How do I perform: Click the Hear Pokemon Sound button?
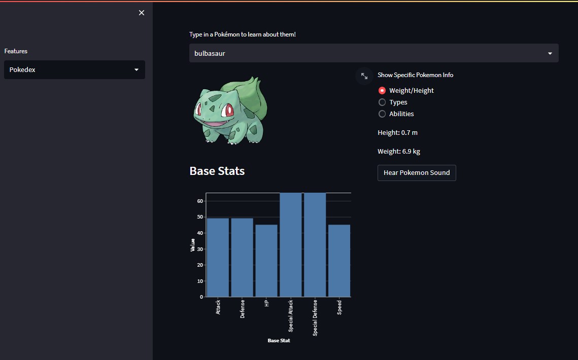point(417,173)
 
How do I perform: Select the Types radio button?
point(382,102)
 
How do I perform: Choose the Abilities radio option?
point(382,114)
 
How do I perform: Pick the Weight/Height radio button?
point(382,91)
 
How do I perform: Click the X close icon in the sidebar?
point(142,13)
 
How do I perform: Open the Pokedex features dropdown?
point(75,70)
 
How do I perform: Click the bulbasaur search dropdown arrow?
point(550,53)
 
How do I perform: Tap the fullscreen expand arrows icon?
point(364,76)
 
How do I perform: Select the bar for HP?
point(266,261)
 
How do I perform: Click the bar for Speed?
point(339,261)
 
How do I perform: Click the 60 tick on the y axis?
point(200,201)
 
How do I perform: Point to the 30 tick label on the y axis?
point(200,249)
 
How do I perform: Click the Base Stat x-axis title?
point(279,341)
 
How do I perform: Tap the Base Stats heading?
point(217,171)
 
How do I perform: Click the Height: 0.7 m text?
point(397,133)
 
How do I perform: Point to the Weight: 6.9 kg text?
point(398,152)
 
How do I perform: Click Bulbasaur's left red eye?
point(199,109)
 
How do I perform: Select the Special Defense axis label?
point(315,317)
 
